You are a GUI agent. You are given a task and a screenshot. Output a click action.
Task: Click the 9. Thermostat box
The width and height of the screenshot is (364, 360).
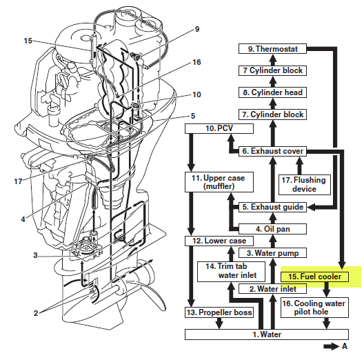point(272,49)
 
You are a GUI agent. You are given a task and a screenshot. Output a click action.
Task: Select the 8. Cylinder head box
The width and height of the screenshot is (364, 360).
point(272,92)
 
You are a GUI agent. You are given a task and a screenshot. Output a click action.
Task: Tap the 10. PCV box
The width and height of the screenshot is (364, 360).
point(219,128)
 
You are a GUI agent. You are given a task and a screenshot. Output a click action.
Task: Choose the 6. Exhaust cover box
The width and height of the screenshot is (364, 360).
point(272,151)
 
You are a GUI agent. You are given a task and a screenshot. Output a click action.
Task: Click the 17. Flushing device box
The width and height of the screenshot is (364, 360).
point(304,185)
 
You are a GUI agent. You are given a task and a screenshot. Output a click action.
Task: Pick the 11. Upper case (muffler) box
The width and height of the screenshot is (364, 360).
point(219,182)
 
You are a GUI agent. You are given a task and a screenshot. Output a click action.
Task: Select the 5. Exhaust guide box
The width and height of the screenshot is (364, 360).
point(272,207)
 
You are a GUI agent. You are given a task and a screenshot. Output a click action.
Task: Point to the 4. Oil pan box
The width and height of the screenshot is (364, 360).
point(272,229)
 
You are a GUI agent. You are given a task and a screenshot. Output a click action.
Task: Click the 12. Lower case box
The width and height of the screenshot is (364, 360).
point(219,241)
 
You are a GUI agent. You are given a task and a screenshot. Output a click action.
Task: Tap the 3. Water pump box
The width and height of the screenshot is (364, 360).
point(272,253)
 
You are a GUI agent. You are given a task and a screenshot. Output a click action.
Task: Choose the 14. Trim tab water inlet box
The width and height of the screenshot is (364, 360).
point(231,272)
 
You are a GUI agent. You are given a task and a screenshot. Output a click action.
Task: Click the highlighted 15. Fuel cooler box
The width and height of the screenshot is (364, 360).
point(314,277)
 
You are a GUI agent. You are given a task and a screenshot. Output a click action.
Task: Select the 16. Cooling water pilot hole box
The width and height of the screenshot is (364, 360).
point(314,308)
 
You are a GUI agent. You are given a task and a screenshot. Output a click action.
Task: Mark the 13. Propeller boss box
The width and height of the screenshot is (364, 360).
point(219,312)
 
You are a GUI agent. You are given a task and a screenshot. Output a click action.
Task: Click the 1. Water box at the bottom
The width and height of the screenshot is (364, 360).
point(267,334)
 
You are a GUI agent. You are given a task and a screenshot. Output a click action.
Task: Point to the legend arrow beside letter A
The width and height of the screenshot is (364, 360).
point(332,346)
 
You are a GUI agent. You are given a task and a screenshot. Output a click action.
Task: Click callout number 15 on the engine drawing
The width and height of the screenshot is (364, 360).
point(28,41)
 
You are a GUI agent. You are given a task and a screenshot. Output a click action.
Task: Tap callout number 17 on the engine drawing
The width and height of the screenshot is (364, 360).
point(19,181)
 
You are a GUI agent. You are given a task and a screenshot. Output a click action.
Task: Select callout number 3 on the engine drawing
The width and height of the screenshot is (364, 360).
point(35,255)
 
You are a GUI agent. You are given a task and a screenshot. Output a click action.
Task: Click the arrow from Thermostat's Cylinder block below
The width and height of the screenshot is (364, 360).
point(273,59)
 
